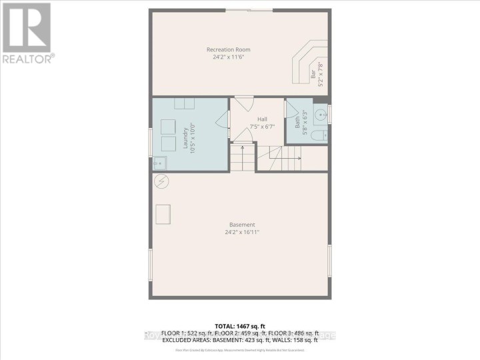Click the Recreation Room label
coord(229,50)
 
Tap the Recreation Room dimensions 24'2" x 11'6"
coord(229,57)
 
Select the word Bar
coord(313,76)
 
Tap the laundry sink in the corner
coord(159,162)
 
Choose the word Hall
coord(253,119)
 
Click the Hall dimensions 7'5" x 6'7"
coord(253,127)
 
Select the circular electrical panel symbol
coord(161,181)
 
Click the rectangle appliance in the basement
coord(163,214)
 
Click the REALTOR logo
coord(27,33)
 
